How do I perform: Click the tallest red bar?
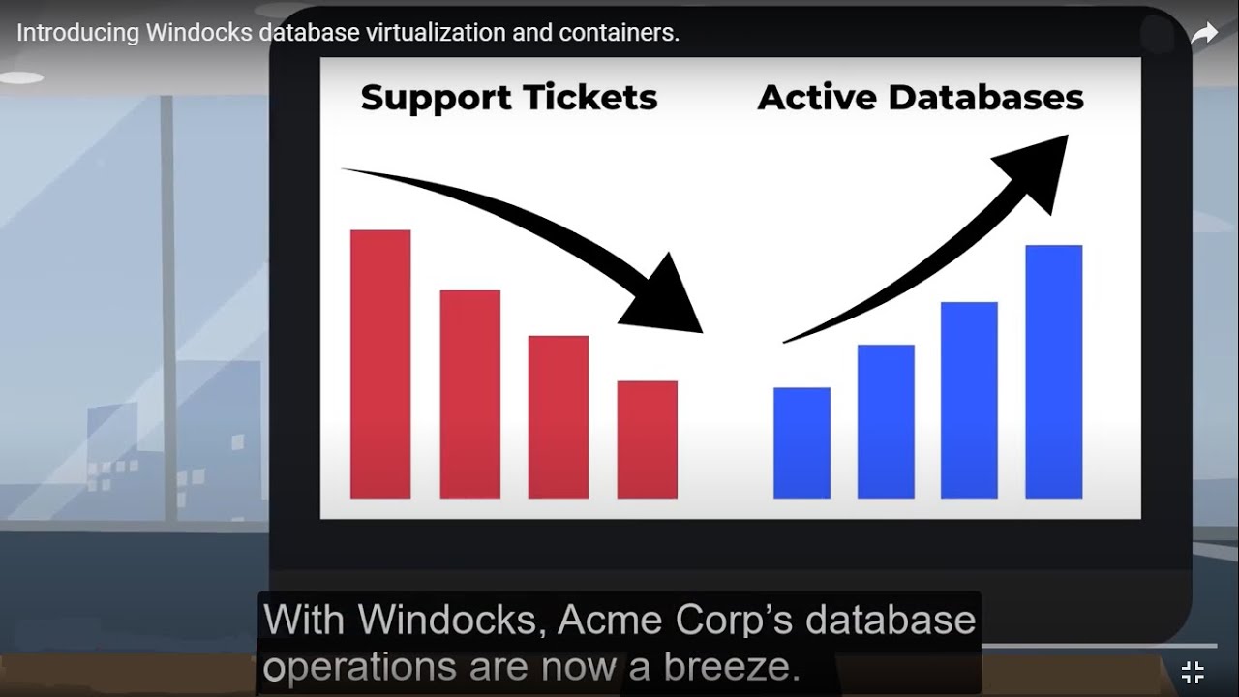(x=380, y=364)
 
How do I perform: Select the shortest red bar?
(x=648, y=439)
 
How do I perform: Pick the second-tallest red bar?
(x=469, y=394)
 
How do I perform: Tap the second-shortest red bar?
(x=559, y=417)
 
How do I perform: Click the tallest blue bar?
(x=1053, y=372)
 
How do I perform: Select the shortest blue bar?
(x=801, y=443)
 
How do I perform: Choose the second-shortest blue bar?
(x=886, y=422)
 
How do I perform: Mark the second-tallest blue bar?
(x=969, y=401)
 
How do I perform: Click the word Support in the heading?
(x=435, y=99)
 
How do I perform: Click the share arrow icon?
(x=1203, y=34)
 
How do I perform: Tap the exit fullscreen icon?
(x=1193, y=672)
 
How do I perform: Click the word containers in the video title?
(x=624, y=33)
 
